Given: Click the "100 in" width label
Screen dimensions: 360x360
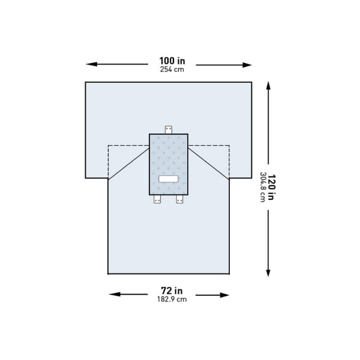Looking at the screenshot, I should [x=172, y=61].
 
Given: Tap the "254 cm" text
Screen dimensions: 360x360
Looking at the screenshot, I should [x=172, y=70].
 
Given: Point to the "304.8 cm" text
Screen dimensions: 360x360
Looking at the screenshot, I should [x=262, y=187].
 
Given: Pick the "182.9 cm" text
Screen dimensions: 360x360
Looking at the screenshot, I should [x=172, y=299].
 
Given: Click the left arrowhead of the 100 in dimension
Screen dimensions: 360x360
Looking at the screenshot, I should [x=90, y=64].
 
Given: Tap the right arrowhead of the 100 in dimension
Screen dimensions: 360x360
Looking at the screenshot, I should [x=248, y=65].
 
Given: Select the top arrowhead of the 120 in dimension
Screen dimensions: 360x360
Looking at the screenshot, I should [x=268, y=86].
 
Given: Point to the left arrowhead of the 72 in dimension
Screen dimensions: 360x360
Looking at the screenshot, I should [x=113, y=295].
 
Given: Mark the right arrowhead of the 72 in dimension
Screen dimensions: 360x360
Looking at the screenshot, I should [x=225, y=295].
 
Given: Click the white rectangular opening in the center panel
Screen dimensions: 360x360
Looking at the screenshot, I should [x=168, y=179].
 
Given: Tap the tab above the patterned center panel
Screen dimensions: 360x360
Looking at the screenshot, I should [x=169, y=129].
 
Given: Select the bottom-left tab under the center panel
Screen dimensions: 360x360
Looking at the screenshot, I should [x=157, y=200].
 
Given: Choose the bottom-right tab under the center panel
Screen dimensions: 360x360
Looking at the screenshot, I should [x=179, y=200].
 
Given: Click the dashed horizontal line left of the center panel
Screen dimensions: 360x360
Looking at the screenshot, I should [x=128, y=146].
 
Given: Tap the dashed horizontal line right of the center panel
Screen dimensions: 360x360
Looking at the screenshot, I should [x=209, y=146].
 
